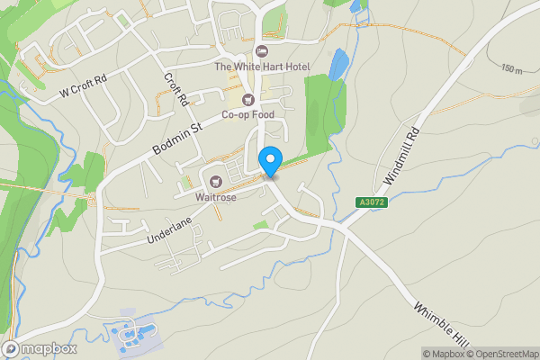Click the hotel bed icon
(x=262, y=50)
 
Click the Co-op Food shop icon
(x=247, y=98)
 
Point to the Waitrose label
(x=216, y=193)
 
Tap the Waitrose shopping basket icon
(x=216, y=177)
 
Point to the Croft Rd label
(x=175, y=88)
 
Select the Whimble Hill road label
(x=443, y=320)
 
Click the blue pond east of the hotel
(x=338, y=65)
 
